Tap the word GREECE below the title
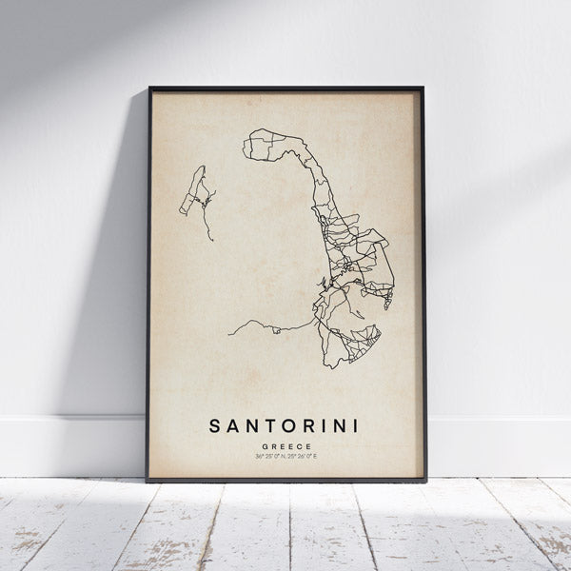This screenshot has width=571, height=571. click(285, 444)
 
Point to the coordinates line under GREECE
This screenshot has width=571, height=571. click(285, 457)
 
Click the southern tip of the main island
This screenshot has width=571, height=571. click(328, 367)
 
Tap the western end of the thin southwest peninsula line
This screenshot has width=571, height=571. click(229, 335)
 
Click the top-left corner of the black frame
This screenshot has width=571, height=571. click(149, 89)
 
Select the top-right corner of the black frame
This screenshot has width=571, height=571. click(423, 89)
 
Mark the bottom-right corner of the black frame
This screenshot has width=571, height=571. click(425, 480)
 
